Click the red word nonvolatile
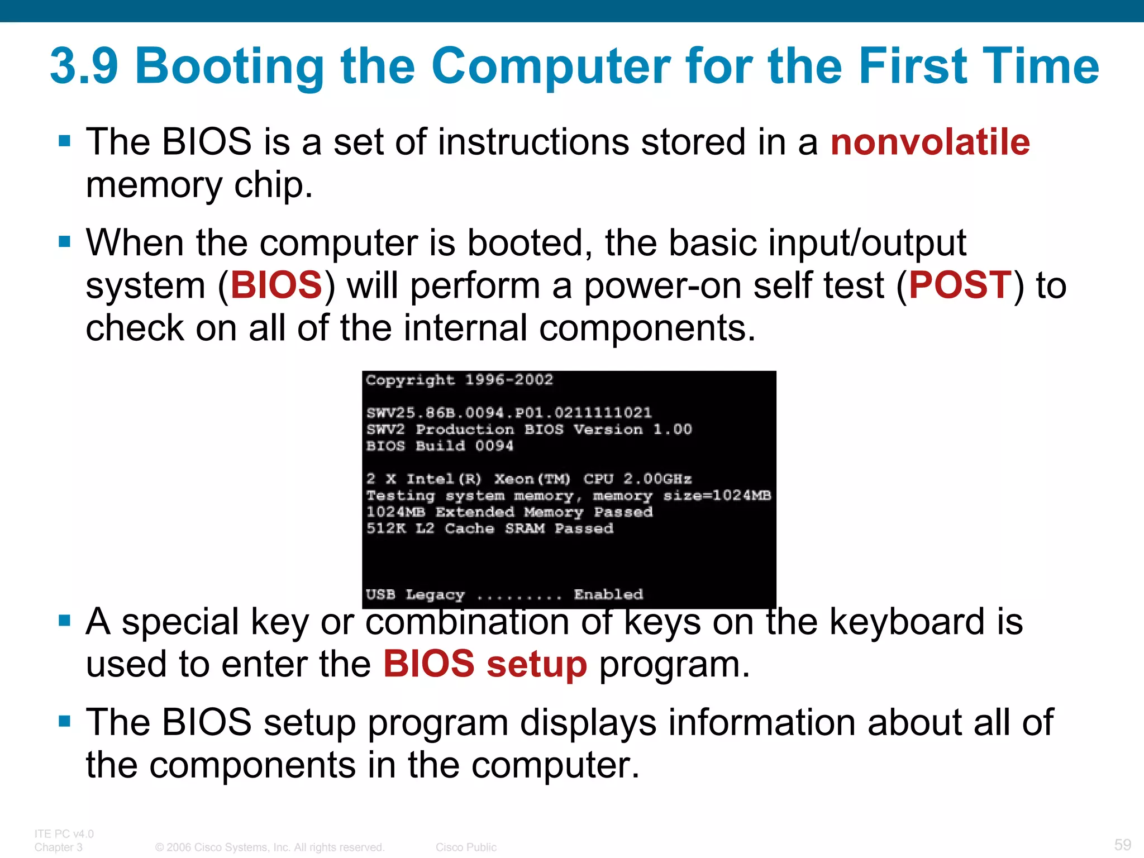930,142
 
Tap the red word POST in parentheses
960,285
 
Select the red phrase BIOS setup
485,664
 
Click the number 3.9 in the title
84,66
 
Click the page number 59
1122,844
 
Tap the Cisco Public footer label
466,847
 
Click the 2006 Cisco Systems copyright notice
270,847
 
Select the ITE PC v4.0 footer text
64,833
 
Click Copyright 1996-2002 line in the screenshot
459,380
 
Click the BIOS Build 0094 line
440,446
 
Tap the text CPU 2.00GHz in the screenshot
637,479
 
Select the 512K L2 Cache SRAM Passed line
490,528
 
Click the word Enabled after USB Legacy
608,594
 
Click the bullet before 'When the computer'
65,242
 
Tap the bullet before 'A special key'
65,621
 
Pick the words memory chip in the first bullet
199,185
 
